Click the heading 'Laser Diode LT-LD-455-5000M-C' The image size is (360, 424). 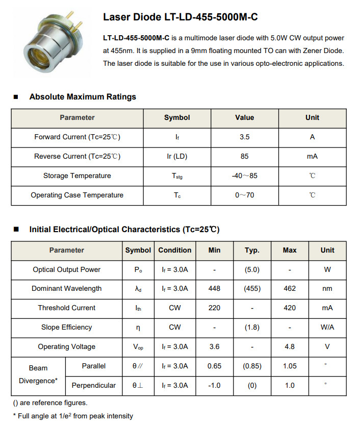pos(180,17)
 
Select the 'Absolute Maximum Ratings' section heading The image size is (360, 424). pos(83,96)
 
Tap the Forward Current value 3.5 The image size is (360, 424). pos(244,137)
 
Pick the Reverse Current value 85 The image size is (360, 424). pos(244,156)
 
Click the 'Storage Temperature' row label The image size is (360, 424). pos(77,176)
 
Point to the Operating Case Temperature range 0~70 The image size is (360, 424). pos(244,195)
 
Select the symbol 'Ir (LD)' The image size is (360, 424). pos(177,156)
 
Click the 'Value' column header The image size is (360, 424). pos(244,117)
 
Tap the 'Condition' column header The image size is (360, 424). pos(175,250)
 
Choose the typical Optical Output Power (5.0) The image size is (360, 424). pos(252,269)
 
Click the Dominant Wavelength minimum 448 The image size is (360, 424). pos(215,288)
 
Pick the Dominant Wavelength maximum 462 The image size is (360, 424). pos(290,288)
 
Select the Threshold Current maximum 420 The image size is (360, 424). pos(290,308)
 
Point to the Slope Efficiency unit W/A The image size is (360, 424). pos(327,327)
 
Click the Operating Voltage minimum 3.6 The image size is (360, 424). pos(215,346)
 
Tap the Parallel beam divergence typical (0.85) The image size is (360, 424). pos(252,366)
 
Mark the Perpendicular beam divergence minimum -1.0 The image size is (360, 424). pos(215,385)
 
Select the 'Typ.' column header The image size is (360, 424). pos(252,250)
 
